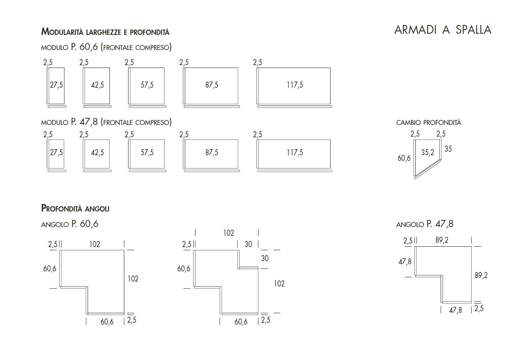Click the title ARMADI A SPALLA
pos(442,30)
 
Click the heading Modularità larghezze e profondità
pos(105,32)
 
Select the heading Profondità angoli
pos(75,208)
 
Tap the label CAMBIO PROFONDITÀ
pos(428,122)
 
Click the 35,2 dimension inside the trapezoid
pos(428,152)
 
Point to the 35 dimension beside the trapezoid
pos(448,149)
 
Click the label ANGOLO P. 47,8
pos(425,224)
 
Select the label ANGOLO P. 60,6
pos(70,224)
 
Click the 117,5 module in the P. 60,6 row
pos(295,85)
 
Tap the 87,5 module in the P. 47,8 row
pos(212,152)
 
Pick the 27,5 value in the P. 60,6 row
pos(56,85)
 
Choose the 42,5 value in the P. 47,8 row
pos(98,152)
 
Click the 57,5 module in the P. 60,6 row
pos(147,85)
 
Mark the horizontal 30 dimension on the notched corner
pos(248,244)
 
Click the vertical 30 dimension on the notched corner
pos(265,258)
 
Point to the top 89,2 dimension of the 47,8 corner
pos(442,240)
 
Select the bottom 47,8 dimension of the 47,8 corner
pos(455,310)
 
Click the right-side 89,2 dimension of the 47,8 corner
pos(481,275)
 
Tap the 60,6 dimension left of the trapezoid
pos(404,158)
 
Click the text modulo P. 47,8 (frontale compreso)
pos(106,122)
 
